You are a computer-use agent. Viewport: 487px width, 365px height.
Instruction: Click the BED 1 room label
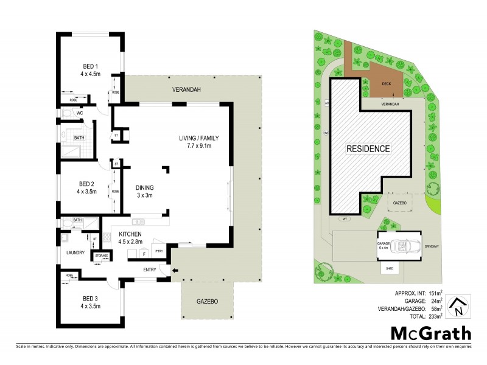91,66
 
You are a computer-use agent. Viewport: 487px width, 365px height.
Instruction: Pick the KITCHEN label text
130,234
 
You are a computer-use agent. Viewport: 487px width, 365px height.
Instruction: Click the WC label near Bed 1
80,113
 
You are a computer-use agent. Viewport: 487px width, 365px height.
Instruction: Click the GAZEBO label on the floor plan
207,302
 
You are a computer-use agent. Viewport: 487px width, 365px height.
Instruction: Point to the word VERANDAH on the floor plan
186,90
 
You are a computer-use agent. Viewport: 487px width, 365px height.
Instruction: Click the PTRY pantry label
159,250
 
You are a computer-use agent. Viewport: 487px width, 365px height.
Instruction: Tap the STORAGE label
101,256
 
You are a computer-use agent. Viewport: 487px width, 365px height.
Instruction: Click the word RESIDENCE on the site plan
368,148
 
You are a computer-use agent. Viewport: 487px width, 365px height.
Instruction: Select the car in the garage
402,247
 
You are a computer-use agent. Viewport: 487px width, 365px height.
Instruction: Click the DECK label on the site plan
386,85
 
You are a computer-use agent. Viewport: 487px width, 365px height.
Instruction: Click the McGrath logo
430,333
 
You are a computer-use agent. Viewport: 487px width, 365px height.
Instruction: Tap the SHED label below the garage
388,268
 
